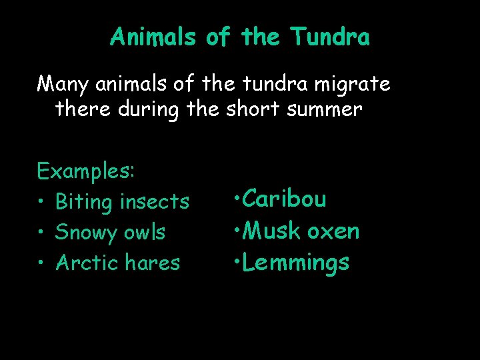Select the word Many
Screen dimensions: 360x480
[64, 85]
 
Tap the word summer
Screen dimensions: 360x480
[329, 109]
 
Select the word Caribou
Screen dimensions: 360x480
[284, 199]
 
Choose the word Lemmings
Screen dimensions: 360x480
[295, 263]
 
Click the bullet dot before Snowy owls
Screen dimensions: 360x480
[41, 233]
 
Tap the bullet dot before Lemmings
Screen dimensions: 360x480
[237, 263]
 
